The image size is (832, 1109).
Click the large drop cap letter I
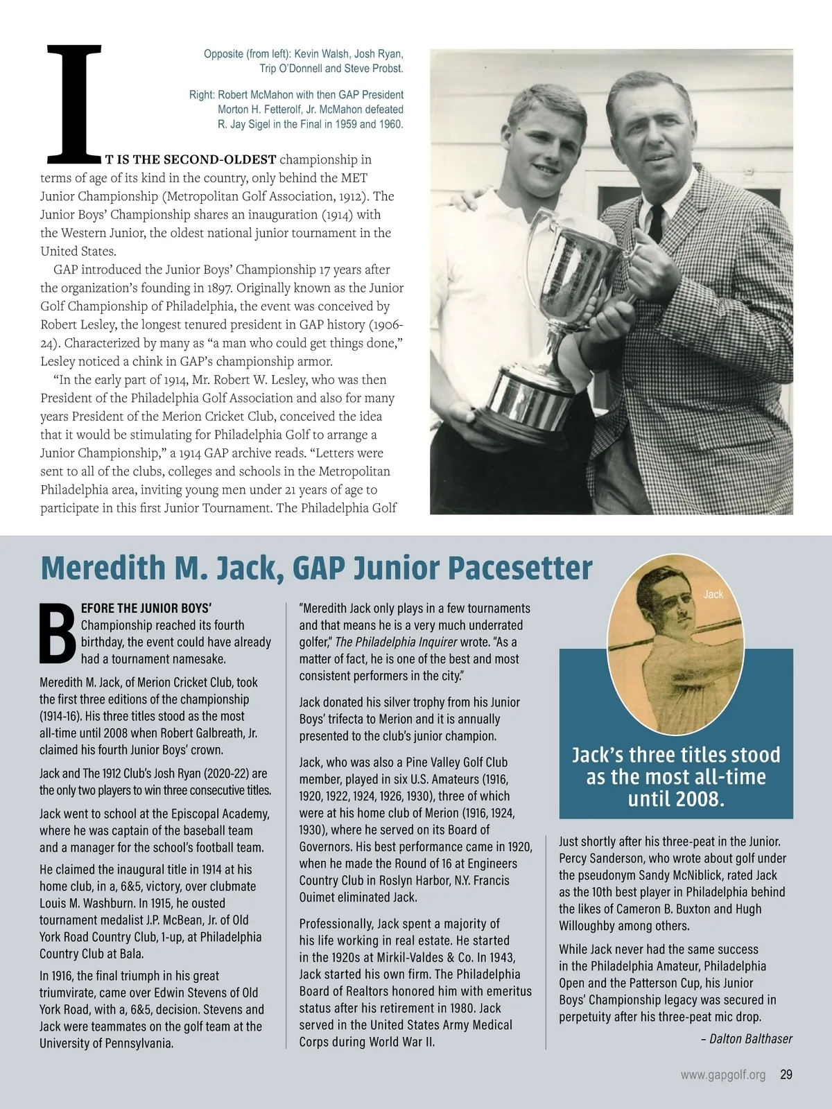pyautogui.click(x=73, y=101)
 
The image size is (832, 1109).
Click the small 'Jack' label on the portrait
pyautogui.click(x=713, y=594)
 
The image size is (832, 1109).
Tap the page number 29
pyautogui.click(x=786, y=1074)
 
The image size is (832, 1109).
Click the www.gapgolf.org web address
pyautogui.click(x=723, y=1074)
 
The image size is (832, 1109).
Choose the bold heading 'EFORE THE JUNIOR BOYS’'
pyautogui.click(x=146, y=608)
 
